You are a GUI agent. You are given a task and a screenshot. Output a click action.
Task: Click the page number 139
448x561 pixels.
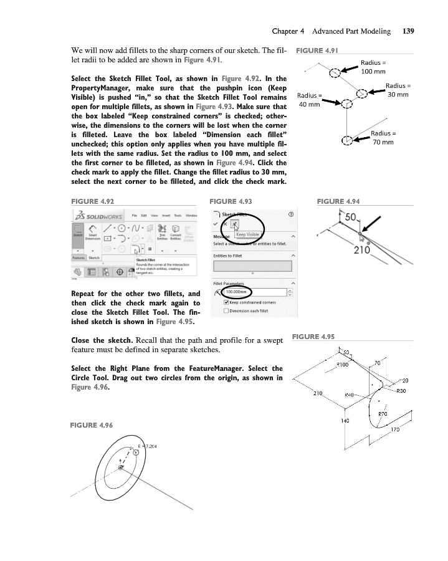click(x=409, y=31)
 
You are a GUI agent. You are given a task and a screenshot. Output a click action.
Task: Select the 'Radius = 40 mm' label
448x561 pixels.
click(x=310, y=100)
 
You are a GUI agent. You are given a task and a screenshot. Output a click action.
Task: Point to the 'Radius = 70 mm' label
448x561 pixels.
click(x=383, y=138)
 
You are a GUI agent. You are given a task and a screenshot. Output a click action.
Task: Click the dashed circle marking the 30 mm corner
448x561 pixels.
click(x=361, y=95)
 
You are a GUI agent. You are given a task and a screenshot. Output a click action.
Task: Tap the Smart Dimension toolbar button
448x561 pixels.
click(x=93, y=236)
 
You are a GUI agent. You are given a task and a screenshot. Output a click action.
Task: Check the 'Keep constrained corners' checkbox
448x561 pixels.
click(x=226, y=302)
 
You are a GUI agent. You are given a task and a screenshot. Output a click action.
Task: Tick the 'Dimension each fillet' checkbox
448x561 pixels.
click(x=226, y=311)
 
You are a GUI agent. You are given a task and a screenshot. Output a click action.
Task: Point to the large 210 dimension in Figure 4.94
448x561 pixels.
click(x=363, y=250)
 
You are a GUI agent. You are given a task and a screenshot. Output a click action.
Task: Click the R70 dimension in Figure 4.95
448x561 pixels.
click(x=384, y=413)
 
